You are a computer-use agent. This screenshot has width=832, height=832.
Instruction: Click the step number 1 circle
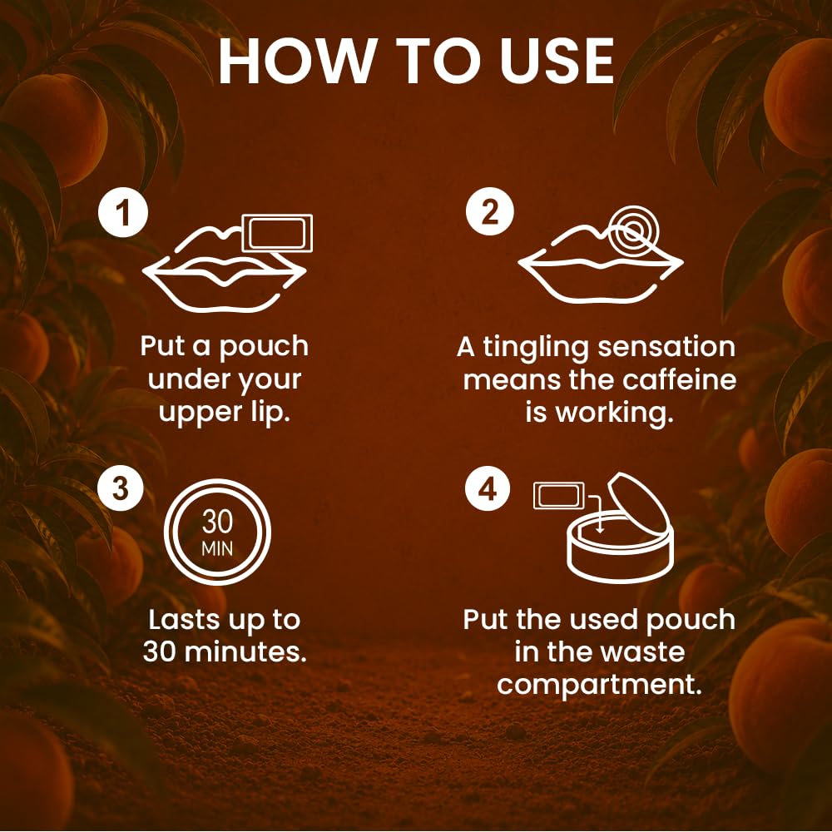pyautogui.click(x=122, y=213)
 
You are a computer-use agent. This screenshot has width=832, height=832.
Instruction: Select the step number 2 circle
pyautogui.click(x=490, y=211)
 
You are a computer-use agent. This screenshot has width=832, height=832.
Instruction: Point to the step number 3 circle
pyautogui.click(x=121, y=488)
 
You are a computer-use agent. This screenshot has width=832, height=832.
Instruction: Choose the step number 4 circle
pyautogui.click(x=487, y=488)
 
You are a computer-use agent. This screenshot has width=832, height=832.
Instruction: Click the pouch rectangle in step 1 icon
pyautogui.click(x=277, y=234)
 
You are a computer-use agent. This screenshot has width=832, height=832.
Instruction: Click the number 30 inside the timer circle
pyautogui.click(x=217, y=522)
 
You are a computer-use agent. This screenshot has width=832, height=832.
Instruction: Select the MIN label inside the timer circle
pyautogui.click(x=217, y=548)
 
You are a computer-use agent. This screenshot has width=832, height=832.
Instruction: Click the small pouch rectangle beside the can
pyautogui.click(x=559, y=495)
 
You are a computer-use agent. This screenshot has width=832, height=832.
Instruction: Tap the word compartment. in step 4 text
pyautogui.click(x=600, y=686)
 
